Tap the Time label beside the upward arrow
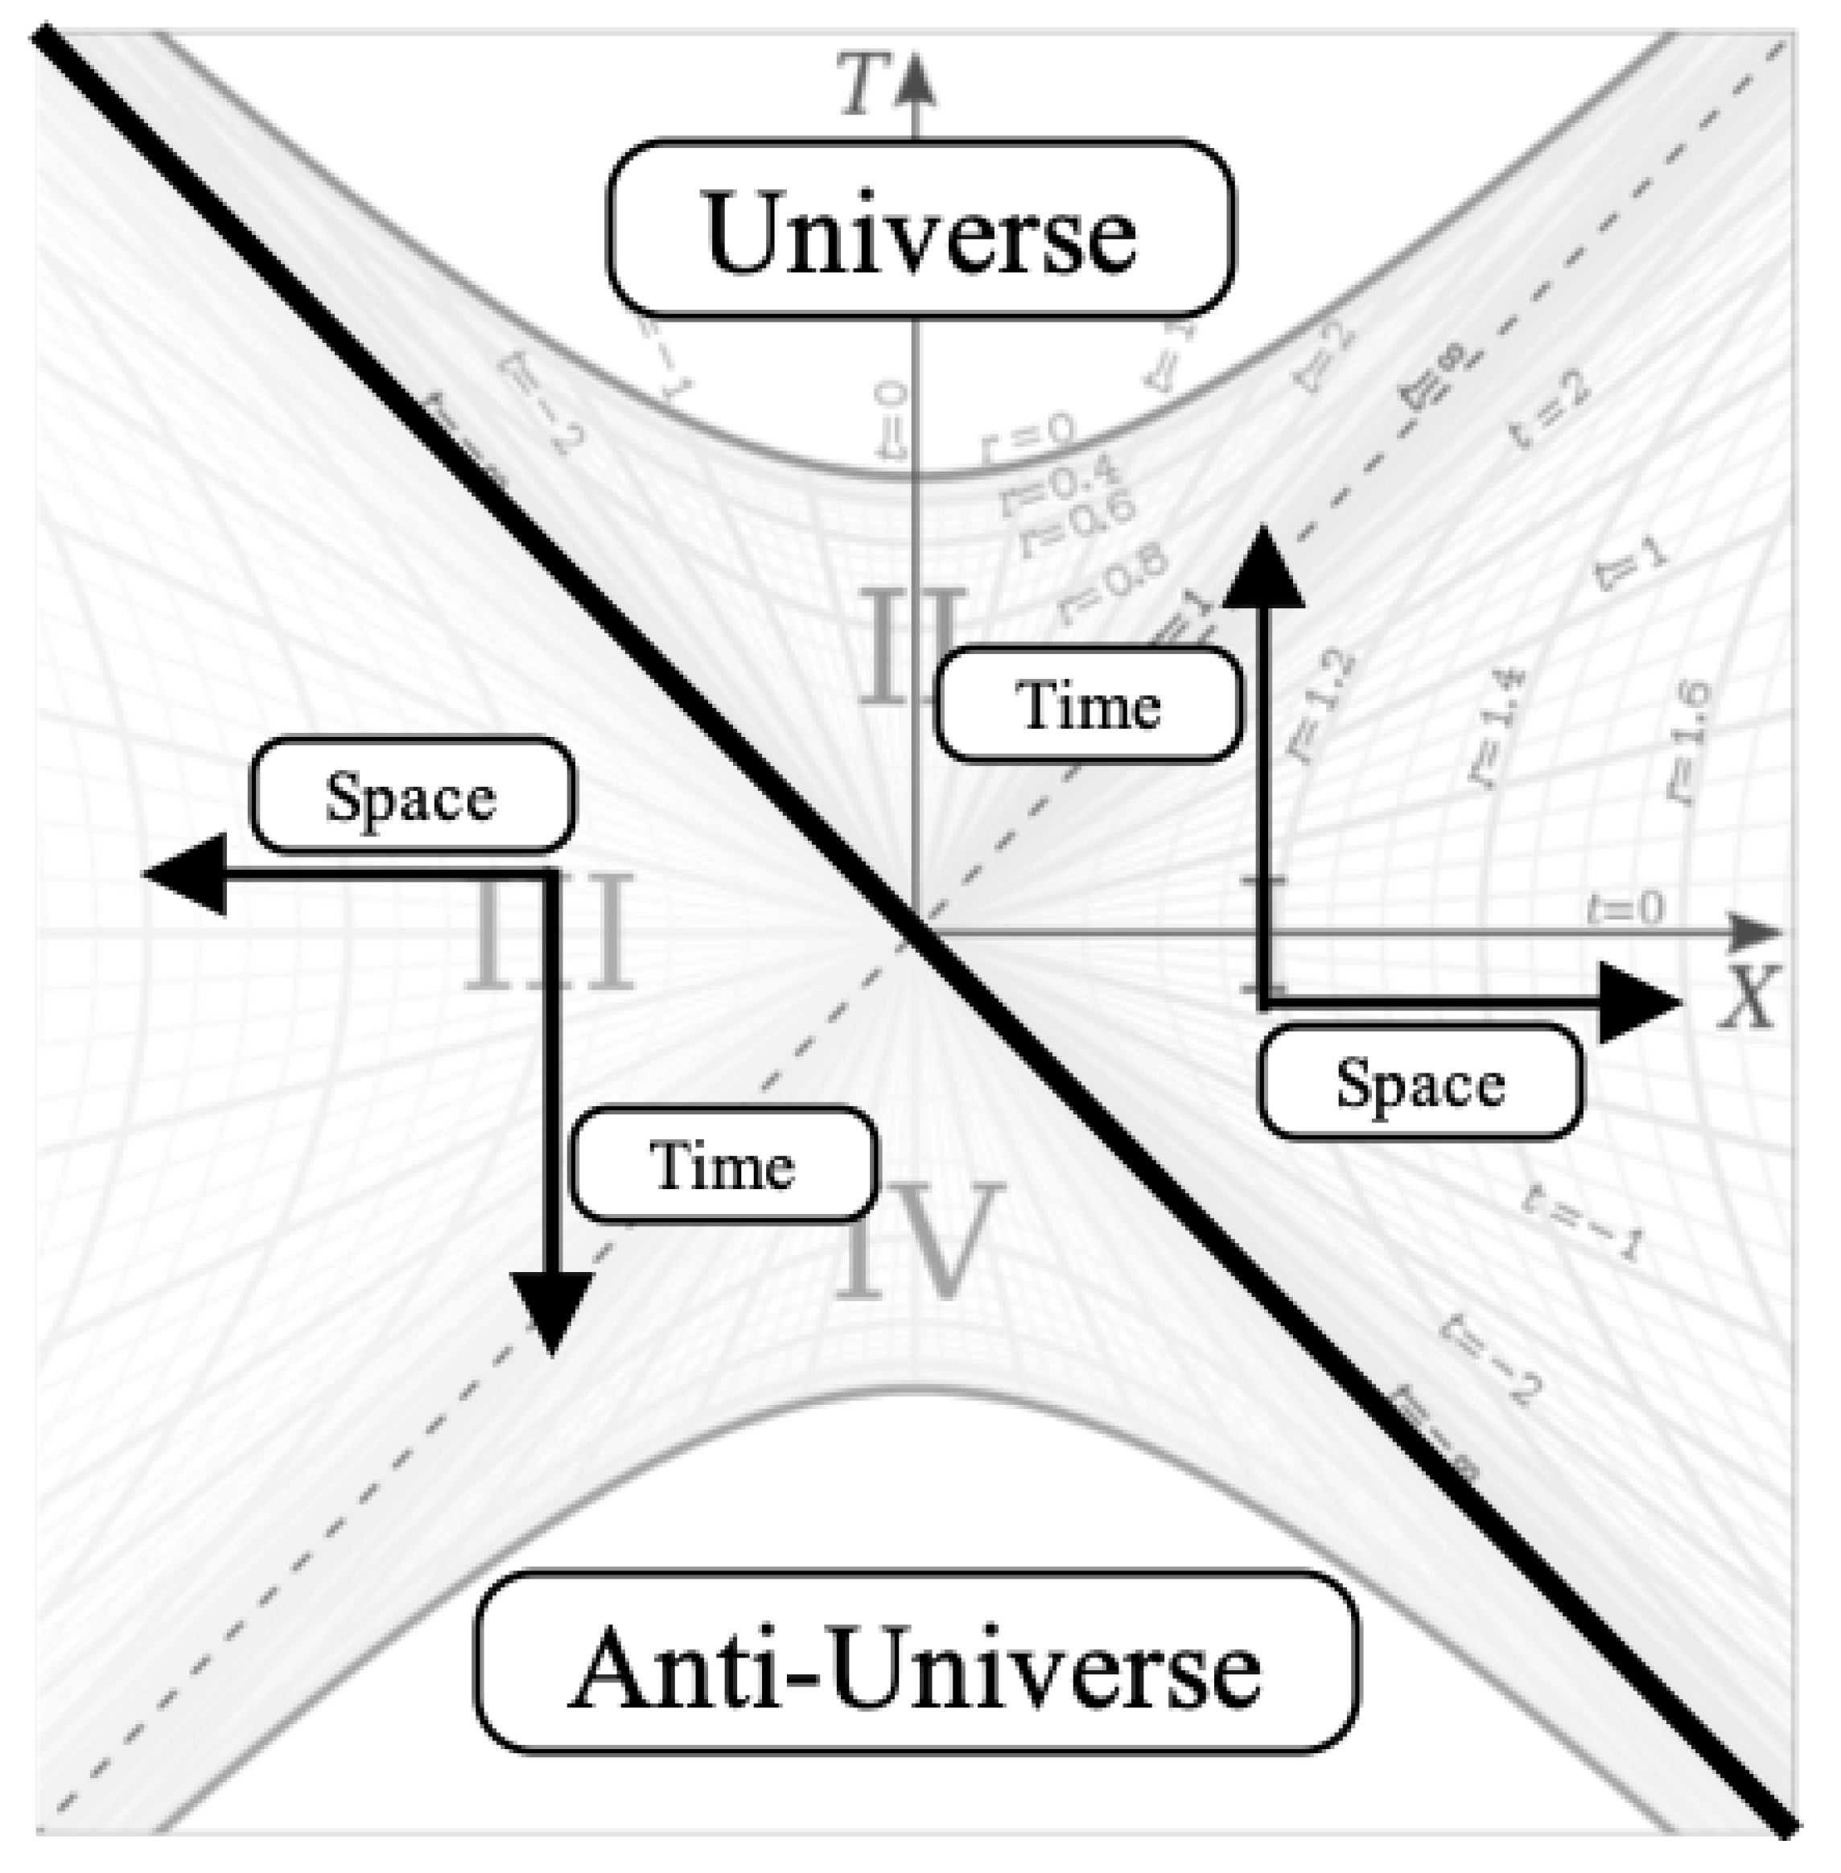click(1088, 704)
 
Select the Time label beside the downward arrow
click(723, 1164)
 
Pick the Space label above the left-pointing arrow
click(412, 797)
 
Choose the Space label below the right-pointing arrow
click(1420, 1082)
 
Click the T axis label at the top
click(863, 85)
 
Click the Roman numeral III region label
click(550, 933)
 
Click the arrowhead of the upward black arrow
click(1262, 570)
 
